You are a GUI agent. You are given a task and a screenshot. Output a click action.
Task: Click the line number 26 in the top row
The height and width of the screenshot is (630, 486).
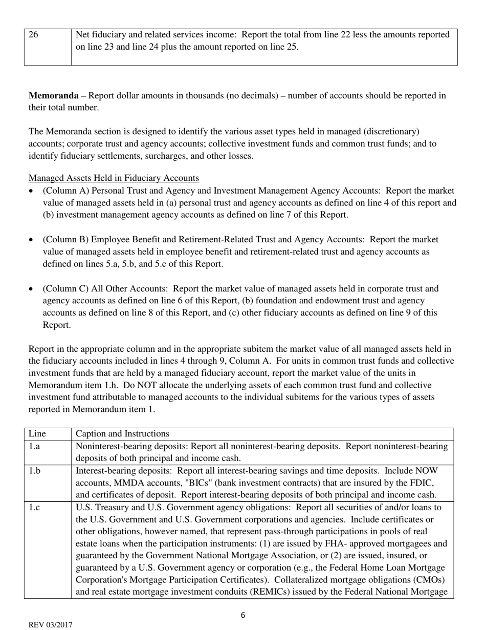point(34,35)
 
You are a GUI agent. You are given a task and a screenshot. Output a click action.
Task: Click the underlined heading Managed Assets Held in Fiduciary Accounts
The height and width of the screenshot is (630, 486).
point(114,178)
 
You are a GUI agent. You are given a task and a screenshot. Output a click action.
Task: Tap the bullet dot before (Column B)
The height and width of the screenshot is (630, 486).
point(32,240)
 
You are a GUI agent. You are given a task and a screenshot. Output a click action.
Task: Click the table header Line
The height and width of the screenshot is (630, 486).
point(37,434)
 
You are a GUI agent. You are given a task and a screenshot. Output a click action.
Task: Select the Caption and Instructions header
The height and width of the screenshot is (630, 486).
point(122,434)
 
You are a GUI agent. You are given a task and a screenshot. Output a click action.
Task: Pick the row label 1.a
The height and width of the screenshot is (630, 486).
point(34,446)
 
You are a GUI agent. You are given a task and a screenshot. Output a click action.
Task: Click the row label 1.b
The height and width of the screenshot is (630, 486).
point(34,470)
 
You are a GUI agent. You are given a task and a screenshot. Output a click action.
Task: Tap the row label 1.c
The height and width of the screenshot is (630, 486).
point(34,507)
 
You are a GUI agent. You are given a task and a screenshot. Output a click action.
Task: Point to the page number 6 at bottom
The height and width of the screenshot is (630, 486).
point(242,616)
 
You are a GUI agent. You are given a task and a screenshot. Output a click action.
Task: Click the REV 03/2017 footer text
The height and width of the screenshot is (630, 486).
point(50,625)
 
